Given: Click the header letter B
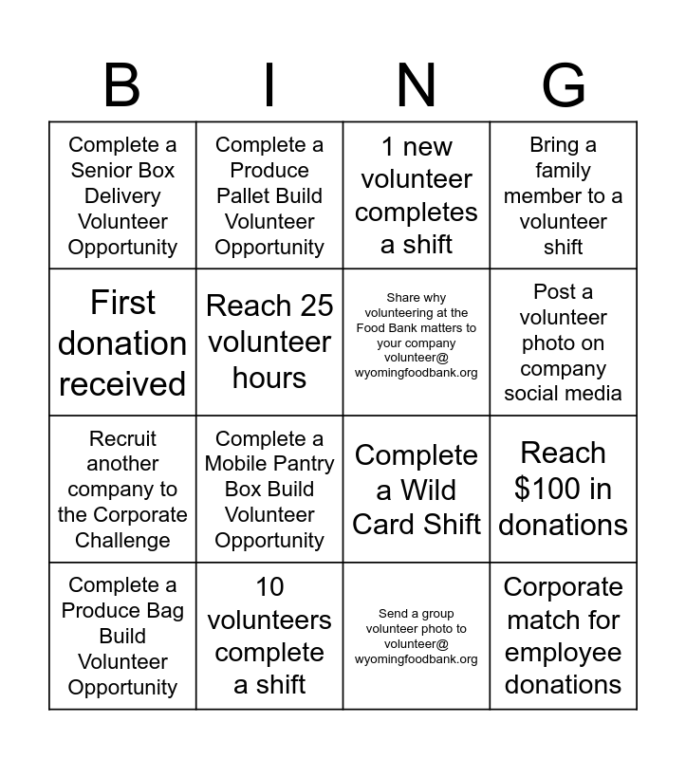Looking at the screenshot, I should pos(122,85).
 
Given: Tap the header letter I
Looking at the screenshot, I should pos(269,85).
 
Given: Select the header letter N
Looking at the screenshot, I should pos(417,85).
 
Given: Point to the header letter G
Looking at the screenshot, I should pos(564,85).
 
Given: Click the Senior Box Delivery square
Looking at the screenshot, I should pos(122,195).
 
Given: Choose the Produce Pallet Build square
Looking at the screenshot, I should pos(269,195).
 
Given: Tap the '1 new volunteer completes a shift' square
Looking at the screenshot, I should pos(417,195).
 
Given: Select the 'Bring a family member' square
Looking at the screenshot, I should pos(564,195).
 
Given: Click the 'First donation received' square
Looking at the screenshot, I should pos(122,342).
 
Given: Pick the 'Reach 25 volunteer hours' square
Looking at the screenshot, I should pos(269,342).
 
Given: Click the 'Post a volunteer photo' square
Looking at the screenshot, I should pos(564,342).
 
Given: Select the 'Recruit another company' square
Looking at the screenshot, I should pos(122,490).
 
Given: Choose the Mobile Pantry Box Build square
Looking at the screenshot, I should pos(269,490).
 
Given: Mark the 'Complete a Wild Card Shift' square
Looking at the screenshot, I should pos(417,490).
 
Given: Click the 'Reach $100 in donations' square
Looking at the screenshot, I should pos(564,490).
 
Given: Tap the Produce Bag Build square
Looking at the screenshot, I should pos(122,636).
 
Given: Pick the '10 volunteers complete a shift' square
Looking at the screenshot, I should pos(269,636).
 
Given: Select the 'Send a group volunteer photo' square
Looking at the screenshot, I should pos(417,636).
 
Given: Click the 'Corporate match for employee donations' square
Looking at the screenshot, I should pos(564,636).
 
